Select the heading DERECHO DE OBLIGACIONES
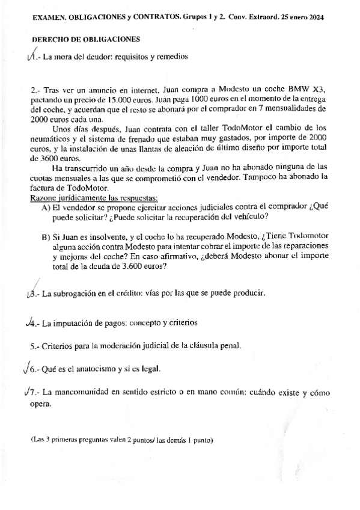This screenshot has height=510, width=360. point(85,40)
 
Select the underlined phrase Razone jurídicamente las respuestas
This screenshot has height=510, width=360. point(94,198)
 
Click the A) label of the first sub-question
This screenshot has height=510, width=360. point(46,207)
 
